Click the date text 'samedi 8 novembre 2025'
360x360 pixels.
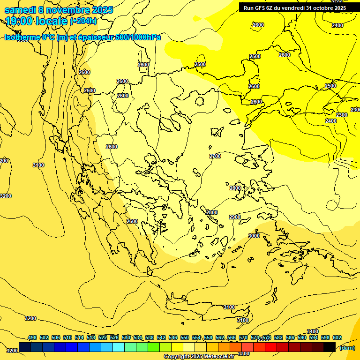(59, 10)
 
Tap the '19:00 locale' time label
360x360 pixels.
(37, 21)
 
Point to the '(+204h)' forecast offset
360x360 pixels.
(83, 21)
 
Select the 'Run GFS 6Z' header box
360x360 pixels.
(294, 7)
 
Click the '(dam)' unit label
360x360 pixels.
(347, 347)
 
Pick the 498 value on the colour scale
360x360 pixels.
(32, 338)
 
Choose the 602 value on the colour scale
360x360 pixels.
(337, 338)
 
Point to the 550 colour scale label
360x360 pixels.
(185, 338)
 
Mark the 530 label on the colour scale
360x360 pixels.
(126, 338)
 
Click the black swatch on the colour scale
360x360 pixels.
(330, 347)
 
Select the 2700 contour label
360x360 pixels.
(215, 156)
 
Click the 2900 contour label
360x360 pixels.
(235, 217)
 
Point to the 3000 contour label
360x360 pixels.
(254, 236)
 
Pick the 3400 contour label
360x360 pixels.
(312, 331)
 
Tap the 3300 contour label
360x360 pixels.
(244, 353)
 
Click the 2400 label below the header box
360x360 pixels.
(337, 25)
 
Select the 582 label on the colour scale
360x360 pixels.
(278, 338)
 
